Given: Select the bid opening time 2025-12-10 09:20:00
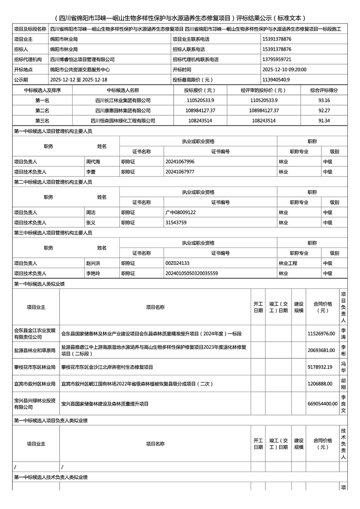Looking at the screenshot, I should pos(284,69).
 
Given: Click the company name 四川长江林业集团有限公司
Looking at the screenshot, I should pos(123,100).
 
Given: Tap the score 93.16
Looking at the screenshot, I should pos(324,100).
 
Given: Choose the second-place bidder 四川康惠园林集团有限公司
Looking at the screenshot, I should pos(123,110).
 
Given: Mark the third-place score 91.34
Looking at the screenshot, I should pos(324,121).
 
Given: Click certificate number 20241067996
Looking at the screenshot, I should pos(180,162).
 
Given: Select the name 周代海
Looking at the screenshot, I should pos(93,162).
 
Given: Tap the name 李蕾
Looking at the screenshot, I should pos(91,172).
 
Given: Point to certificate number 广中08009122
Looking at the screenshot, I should pos(180,212).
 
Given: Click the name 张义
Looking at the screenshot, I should pos(91,223).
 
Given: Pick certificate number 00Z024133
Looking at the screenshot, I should pos(177,263).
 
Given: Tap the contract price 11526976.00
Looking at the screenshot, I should pos(321,333).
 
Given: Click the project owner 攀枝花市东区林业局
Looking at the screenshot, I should pos(34,367).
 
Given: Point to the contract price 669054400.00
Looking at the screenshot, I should pos(322,404).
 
